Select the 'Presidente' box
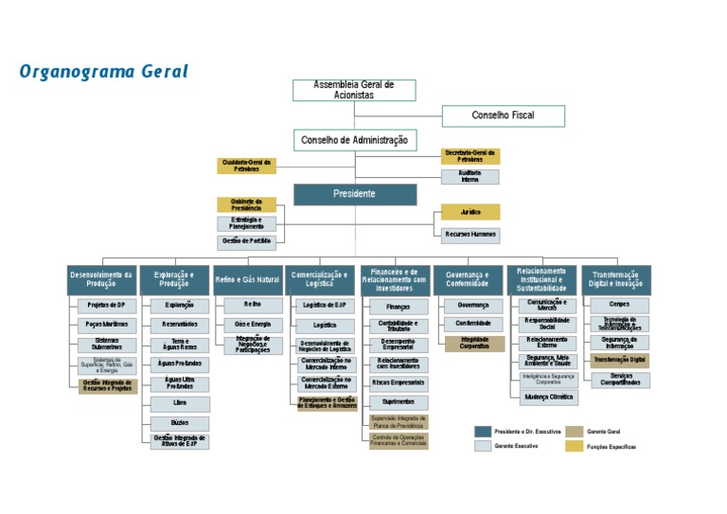pos(354,194)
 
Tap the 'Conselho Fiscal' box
pos(503,116)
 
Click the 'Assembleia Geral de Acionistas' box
pos(353,90)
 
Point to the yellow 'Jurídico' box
pos(470,212)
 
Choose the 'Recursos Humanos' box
pos(470,235)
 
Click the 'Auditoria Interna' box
pos(470,176)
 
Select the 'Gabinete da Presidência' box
pos(246,204)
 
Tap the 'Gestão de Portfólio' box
pos(246,242)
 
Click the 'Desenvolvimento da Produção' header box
pos(101,280)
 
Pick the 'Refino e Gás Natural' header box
pos(247,280)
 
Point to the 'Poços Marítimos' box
pos(106,325)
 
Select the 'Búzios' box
pos(180,423)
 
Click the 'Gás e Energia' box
pos(253,325)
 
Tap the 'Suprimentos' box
pos(399,401)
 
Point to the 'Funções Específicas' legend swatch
pos(575,446)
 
